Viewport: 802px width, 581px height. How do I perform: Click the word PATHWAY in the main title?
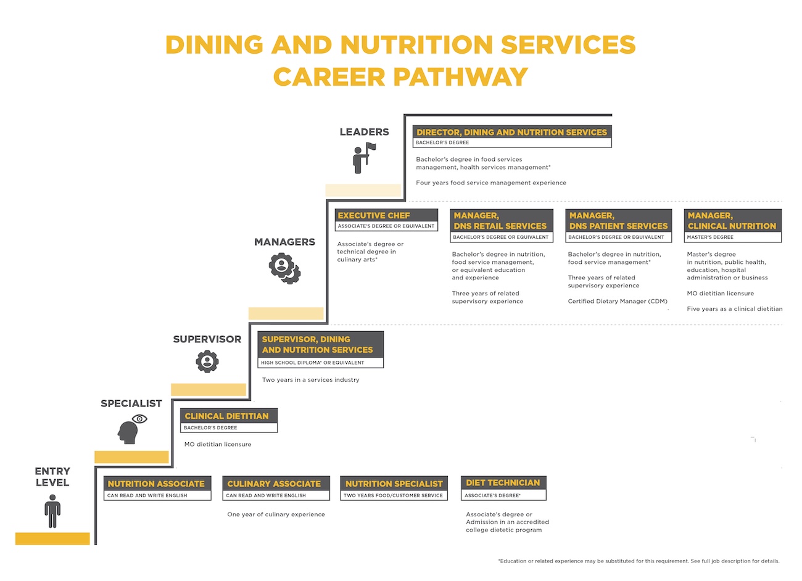pyautogui.click(x=460, y=77)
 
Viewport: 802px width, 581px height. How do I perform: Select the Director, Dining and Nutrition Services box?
pyautogui.click(x=511, y=132)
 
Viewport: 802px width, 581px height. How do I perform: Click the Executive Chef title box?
pyautogui.click(x=386, y=215)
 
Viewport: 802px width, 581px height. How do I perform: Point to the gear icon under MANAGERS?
pyautogui.click(x=284, y=268)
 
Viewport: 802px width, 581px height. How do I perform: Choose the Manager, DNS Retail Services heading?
pyautogui.click(x=500, y=221)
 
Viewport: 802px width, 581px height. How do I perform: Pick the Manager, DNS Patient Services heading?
pyautogui.click(x=618, y=221)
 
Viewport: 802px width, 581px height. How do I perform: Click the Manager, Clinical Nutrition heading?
pyautogui.click(x=732, y=221)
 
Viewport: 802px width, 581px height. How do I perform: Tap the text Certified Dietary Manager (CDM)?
pyautogui.click(x=618, y=302)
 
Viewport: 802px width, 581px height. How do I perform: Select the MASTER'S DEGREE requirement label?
pyautogui.click(x=710, y=237)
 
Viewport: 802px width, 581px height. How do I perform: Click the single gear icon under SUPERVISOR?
pyautogui.click(x=207, y=361)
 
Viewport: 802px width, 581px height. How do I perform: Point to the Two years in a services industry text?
pyautogui.click(x=310, y=380)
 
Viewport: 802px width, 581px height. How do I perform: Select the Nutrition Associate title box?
pyautogui.click(x=156, y=484)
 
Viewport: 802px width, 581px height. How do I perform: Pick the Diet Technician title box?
pyautogui.click(x=503, y=483)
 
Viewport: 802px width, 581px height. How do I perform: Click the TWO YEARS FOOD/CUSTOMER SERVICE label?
pyautogui.click(x=393, y=495)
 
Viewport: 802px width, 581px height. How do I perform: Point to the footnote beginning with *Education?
pyautogui.click(x=639, y=561)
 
